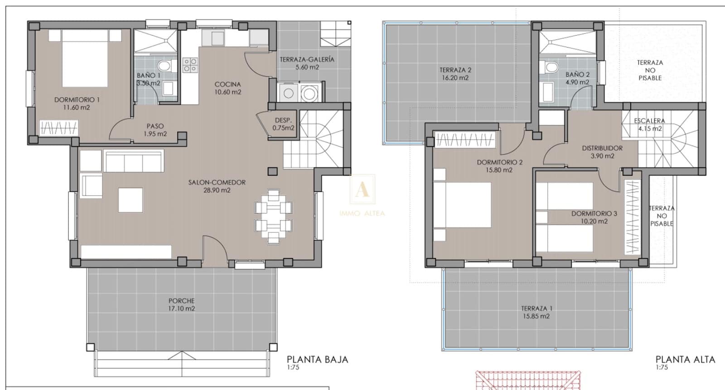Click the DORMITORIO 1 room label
point(77,103)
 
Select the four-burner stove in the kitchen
point(190,65)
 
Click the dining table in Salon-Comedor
point(273,216)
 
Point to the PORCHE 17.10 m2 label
point(181,304)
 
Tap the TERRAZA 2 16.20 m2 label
point(455,74)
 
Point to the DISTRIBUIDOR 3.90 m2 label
point(602,152)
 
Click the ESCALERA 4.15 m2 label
point(649,125)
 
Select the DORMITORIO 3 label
point(594,217)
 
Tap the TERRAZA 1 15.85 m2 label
point(536,312)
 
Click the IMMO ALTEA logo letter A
point(362,190)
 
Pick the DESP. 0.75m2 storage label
point(283,124)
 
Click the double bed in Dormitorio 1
point(85,58)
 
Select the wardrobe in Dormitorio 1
point(58,128)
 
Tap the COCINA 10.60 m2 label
point(227,88)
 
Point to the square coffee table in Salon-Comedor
point(130,200)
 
